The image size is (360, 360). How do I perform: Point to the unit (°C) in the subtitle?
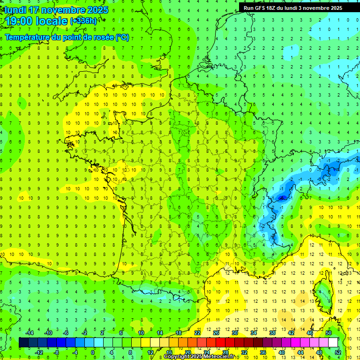click(122, 37)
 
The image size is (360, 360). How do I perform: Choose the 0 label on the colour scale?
click(93, 352)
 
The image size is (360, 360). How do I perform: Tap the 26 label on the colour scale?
click(216, 333)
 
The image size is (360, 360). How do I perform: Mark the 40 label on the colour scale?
click(282, 352)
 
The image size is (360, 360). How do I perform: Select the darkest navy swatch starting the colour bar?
click(23, 343)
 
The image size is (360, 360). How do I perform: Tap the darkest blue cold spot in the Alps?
click(282, 198)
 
